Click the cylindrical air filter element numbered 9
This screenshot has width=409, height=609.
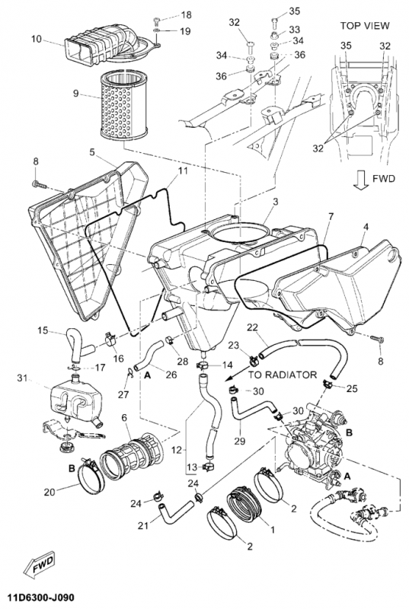coord(123,106)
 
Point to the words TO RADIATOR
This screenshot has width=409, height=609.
coord(283,375)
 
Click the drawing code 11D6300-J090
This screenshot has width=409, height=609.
coord(37,597)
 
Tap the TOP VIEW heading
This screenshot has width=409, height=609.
coord(365,26)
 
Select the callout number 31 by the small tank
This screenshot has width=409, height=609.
coord(22,378)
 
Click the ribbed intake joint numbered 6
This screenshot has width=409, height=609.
coord(132,454)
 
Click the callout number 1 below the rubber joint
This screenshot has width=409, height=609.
coord(272,529)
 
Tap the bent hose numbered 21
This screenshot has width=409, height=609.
coord(176,511)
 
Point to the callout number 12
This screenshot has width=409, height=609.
coord(177,450)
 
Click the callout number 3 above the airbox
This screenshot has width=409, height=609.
coord(276,202)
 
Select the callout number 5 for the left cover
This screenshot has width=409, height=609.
coord(92,151)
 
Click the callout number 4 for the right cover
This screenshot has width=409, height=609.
coord(366,226)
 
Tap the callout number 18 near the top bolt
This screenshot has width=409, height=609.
coord(186,14)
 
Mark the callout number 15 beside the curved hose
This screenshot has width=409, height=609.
coord(43,330)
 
